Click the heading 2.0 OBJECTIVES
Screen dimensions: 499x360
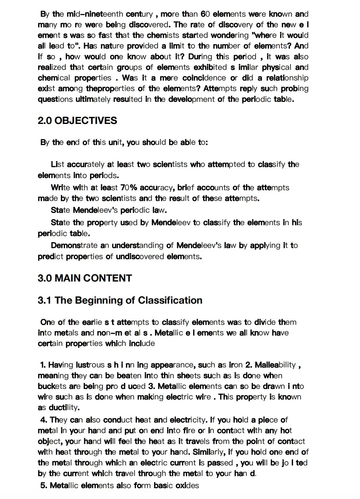pos(77,121)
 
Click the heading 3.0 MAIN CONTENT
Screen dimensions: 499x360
pos(85,278)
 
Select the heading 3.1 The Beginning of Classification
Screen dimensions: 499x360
pos(120,300)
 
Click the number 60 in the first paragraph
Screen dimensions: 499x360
pos(205,14)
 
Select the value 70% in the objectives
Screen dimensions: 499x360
pos(129,187)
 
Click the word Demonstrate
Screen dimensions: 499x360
pos(74,245)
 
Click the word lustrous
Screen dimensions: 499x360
pos(90,365)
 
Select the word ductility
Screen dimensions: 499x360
pos(64,407)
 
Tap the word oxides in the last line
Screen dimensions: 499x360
pos(187,485)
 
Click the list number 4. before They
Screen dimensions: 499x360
pos(44,420)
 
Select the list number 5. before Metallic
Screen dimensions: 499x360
pos(44,485)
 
